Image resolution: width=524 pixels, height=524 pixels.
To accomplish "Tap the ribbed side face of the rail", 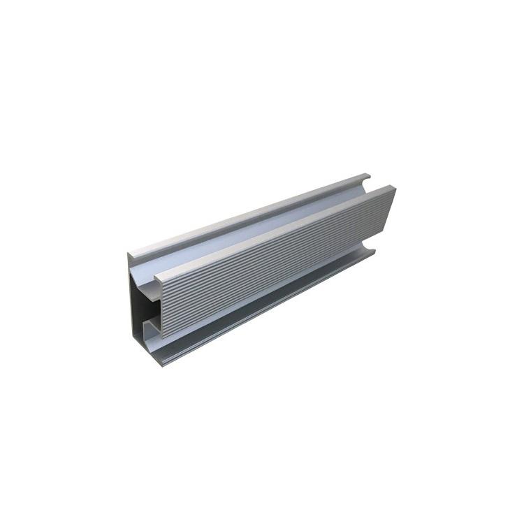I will (x=279, y=272).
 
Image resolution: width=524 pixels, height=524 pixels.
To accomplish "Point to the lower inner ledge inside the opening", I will (x=150, y=325).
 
